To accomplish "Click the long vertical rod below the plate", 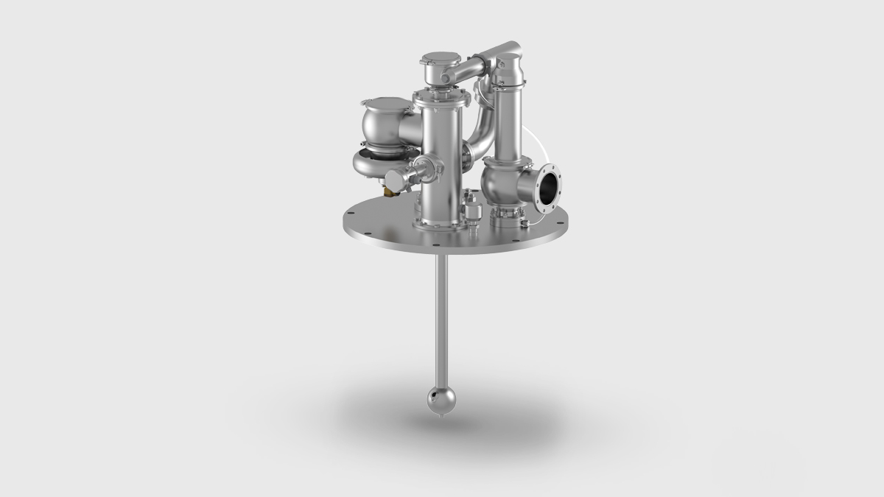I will click(441, 317).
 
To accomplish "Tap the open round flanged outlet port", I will click(548, 191).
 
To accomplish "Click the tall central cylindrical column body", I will click(441, 169).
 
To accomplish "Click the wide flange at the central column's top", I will click(441, 97).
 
